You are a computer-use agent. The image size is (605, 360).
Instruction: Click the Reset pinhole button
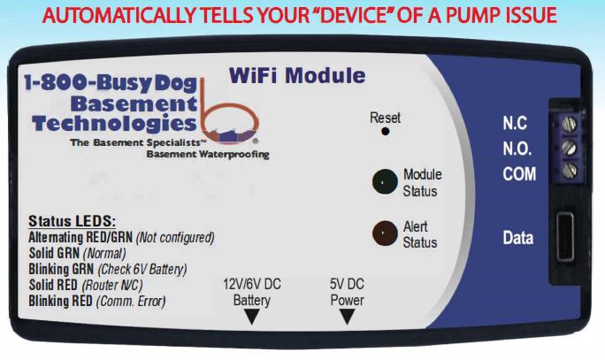(x=385, y=132)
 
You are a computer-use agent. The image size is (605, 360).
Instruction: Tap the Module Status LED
(x=385, y=181)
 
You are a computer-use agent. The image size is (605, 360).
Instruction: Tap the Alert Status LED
(x=385, y=234)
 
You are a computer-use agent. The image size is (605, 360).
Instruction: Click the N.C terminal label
(x=515, y=123)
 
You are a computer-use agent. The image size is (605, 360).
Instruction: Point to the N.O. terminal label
(x=517, y=149)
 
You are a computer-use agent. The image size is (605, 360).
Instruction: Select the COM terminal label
(x=519, y=174)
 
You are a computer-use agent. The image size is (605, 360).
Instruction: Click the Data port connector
(x=565, y=236)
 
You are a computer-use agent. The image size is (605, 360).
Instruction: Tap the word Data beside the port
(x=518, y=238)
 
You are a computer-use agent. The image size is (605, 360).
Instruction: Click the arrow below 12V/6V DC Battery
(x=251, y=317)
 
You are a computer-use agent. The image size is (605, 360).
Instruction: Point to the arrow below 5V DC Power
(x=347, y=317)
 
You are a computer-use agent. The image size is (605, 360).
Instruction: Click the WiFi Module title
(x=297, y=75)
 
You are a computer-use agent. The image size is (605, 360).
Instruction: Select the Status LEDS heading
(x=73, y=221)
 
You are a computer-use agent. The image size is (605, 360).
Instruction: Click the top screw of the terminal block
(x=570, y=124)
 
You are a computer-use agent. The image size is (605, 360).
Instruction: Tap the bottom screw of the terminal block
(x=570, y=170)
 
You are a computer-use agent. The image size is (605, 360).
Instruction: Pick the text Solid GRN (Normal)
(x=78, y=253)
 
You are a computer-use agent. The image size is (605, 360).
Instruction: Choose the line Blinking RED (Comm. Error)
(x=97, y=301)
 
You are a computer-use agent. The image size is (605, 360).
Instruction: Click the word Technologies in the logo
(x=114, y=124)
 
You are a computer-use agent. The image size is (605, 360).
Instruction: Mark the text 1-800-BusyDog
(x=111, y=83)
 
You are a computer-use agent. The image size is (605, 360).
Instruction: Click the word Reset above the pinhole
(x=385, y=118)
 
